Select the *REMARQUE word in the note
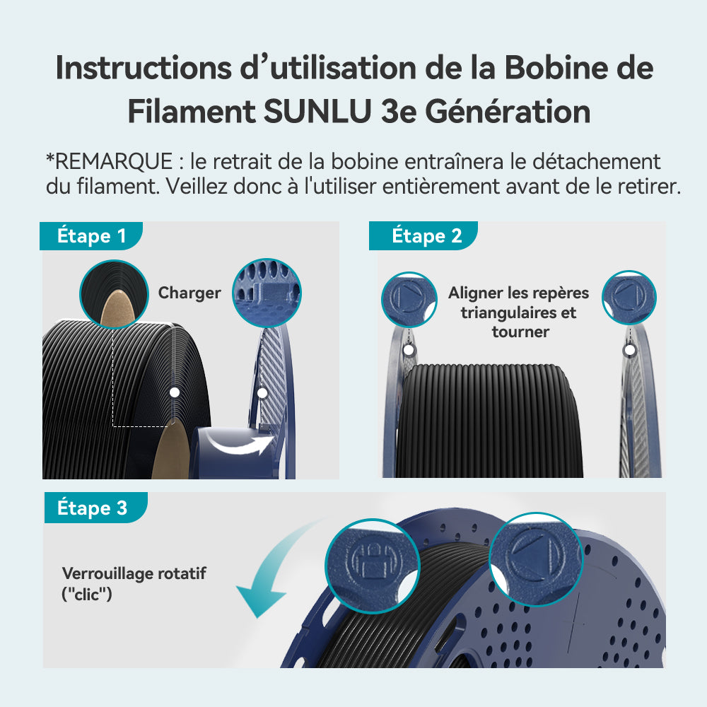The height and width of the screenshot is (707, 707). point(109,161)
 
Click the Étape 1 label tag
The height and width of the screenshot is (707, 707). point(91,236)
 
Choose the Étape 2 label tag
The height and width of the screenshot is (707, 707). point(423,236)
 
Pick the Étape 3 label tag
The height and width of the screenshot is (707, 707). point(95,508)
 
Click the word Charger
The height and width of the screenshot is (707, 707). point(189,293)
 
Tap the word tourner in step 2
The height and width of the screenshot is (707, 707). point(520,332)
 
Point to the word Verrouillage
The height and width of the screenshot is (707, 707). point(103,573)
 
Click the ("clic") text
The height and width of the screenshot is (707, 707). point(86,595)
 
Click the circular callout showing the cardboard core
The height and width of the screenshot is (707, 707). point(114,294)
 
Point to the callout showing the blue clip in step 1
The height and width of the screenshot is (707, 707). point(267,293)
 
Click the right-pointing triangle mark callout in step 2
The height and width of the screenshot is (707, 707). point(409,299)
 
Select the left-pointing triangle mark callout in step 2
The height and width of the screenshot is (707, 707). point(629,298)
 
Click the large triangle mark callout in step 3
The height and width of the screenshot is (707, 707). point(536,559)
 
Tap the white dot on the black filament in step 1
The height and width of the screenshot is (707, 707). point(175,392)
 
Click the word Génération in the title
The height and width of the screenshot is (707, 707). point(508,112)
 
